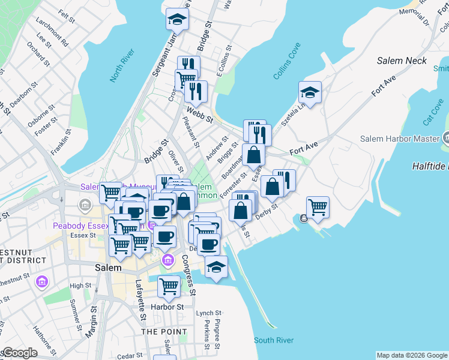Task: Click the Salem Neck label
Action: [402, 61]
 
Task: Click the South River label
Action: [274, 340]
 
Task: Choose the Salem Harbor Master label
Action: [400, 139]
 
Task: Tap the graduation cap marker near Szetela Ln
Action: [310, 92]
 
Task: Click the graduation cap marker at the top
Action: [177, 18]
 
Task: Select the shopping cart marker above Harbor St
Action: [169, 286]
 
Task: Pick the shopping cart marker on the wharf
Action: [318, 207]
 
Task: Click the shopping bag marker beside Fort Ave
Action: [254, 155]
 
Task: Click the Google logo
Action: [19, 353]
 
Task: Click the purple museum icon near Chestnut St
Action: [41, 281]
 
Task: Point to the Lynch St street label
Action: [209, 313]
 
